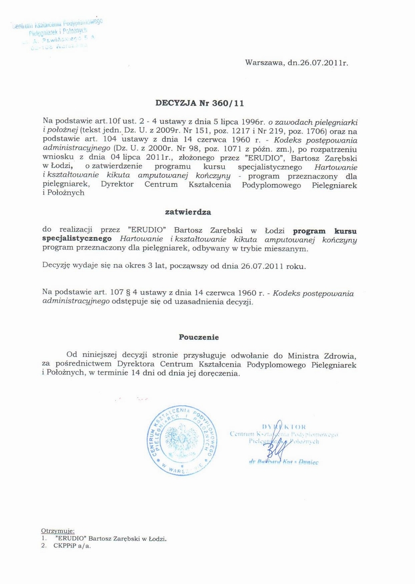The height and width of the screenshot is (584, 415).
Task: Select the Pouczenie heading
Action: tap(199, 337)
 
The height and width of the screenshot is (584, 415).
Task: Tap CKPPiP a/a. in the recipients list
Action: tap(73, 546)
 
